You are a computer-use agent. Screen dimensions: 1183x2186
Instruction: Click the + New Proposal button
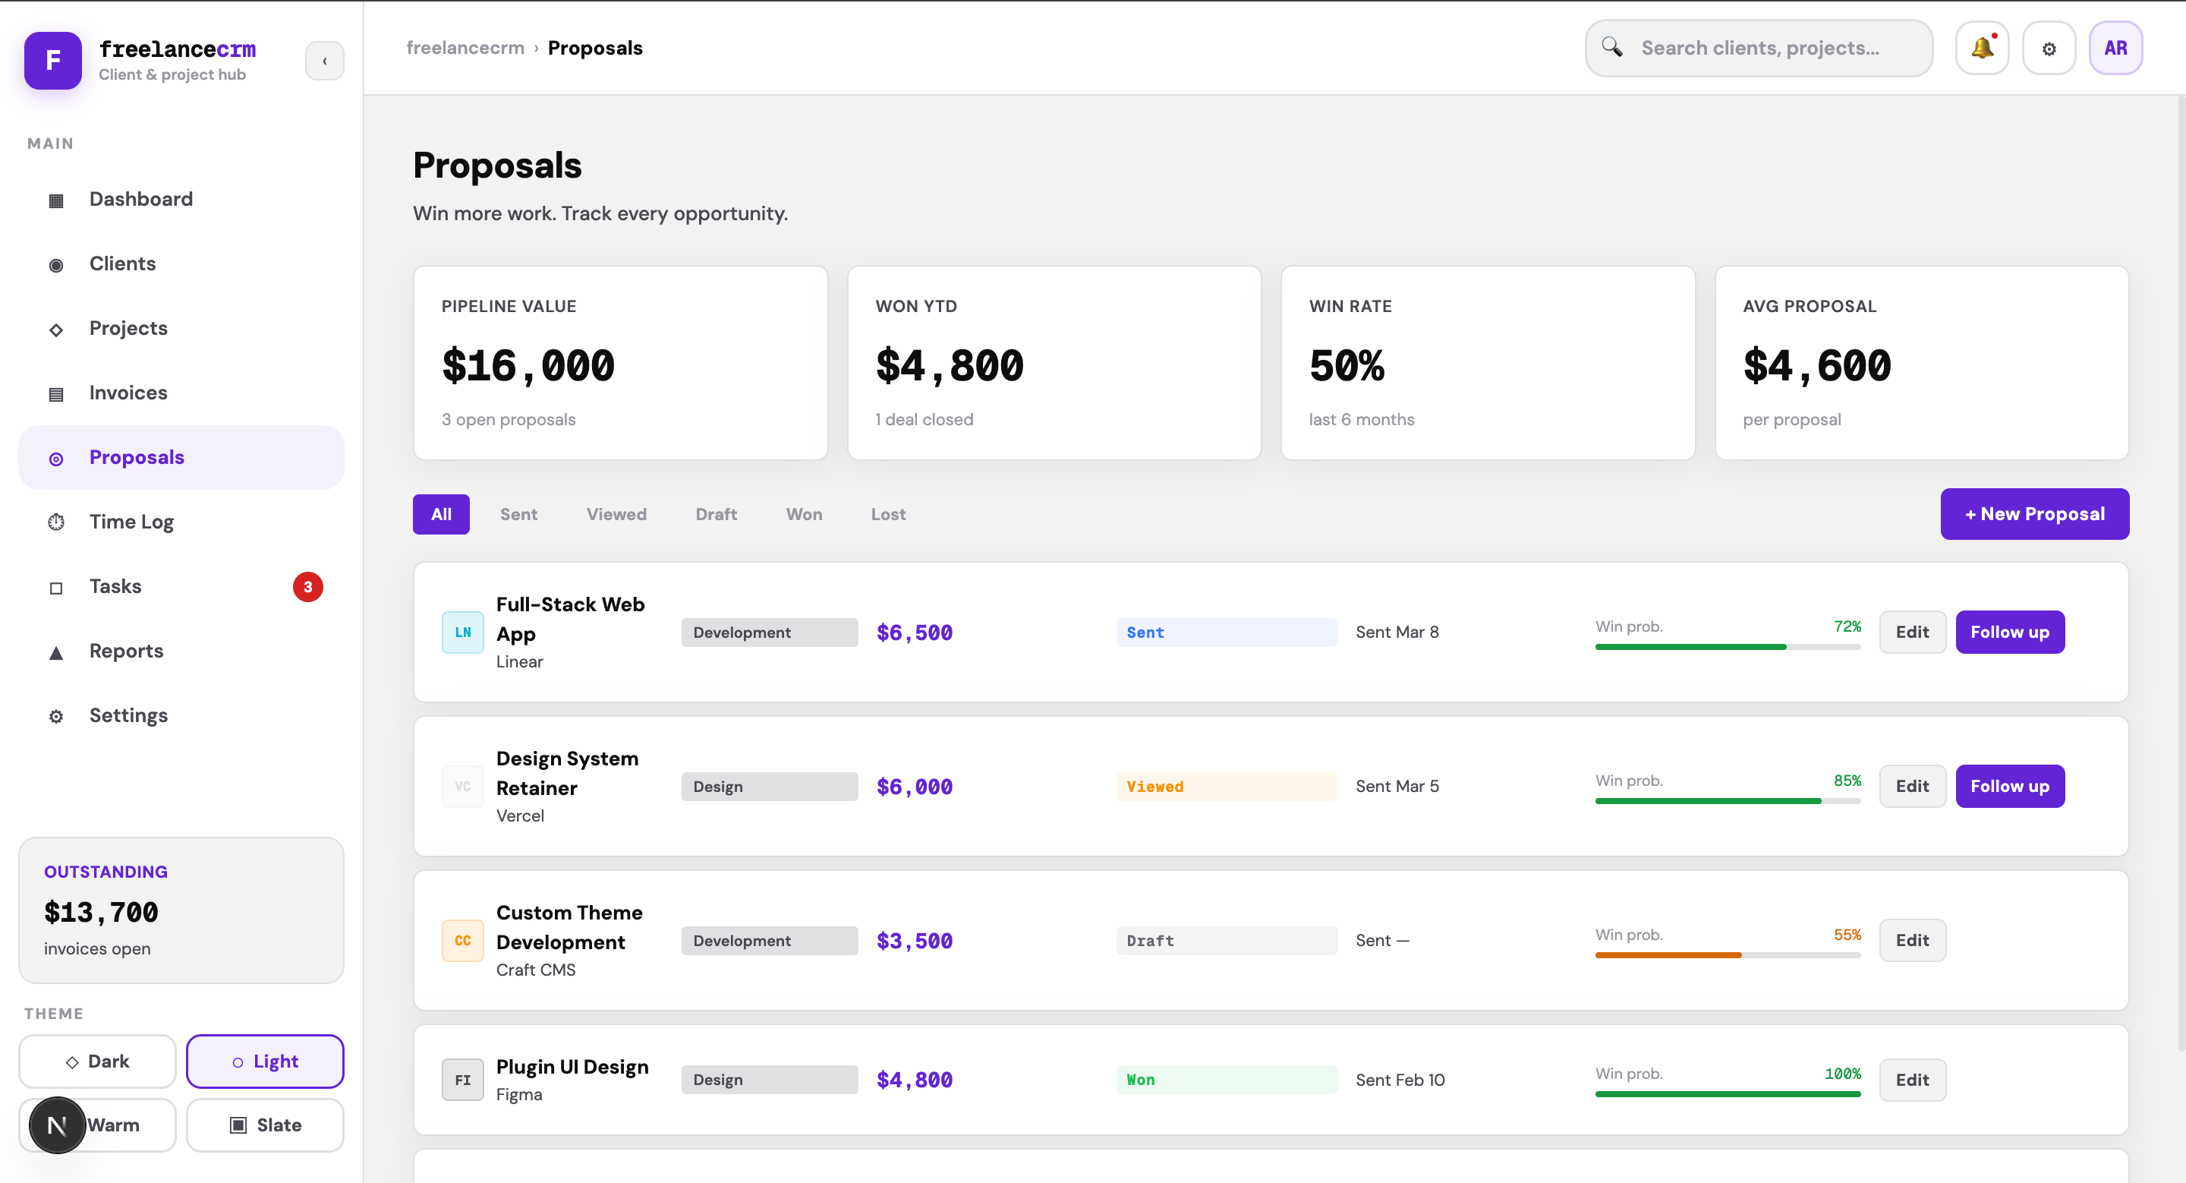[x=2033, y=513]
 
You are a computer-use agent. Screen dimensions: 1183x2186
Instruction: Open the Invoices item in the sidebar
[x=128, y=393]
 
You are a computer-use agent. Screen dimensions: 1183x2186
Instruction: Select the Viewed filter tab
[x=616, y=514]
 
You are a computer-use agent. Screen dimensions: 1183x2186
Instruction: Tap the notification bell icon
[x=1982, y=49]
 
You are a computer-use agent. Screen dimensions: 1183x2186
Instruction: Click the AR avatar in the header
[x=2115, y=49]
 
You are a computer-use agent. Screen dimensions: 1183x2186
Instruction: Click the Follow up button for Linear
[x=2008, y=633]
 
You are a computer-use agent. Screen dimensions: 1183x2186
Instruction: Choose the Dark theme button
[x=98, y=1061]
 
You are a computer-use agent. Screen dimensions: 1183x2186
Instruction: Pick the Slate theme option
[x=265, y=1125]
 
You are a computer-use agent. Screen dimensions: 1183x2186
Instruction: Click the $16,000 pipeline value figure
[x=527, y=366]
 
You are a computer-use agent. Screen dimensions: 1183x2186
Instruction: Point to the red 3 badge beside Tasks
[x=307, y=586]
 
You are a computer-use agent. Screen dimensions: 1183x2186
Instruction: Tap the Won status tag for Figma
[x=1141, y=1080]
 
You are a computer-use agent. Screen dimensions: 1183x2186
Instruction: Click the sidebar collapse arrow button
[x=324, y=61]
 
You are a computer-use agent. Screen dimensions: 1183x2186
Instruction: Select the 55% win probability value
[x=1847, y=935]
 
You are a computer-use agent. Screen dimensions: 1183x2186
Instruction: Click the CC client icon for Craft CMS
[x=462, y=940]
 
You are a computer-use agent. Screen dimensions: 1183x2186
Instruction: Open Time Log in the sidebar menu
[x=131, y=522]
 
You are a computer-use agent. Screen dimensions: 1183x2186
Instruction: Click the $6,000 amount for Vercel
[x=914, y=787]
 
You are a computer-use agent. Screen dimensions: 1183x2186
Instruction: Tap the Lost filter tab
[x=887, y=514]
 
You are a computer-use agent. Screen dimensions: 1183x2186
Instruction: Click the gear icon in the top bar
[x=2048, y=49]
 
